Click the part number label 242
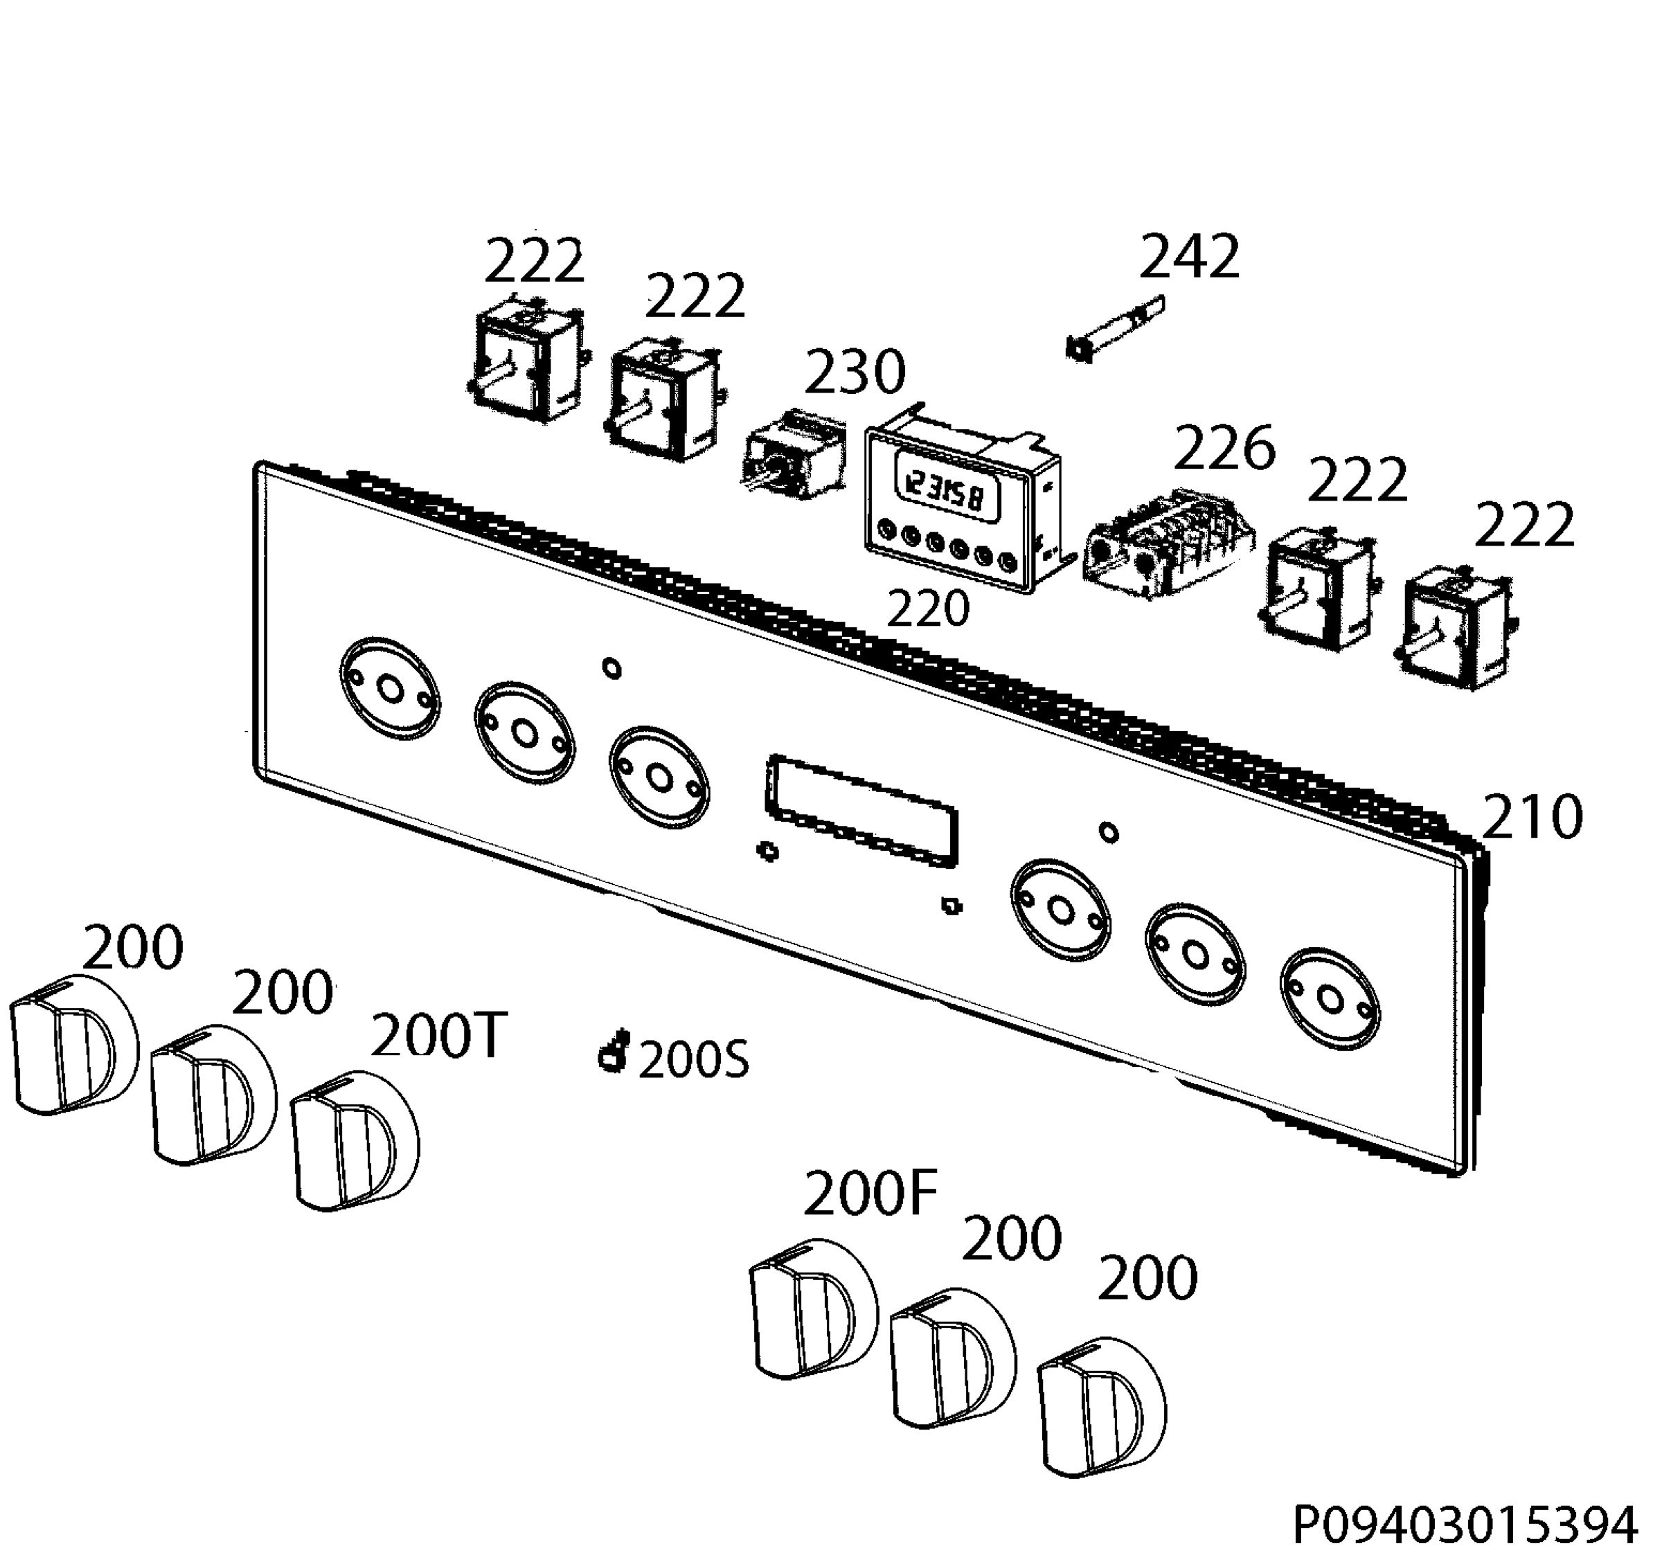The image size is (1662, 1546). pyautogui.click(x=1189, y=257)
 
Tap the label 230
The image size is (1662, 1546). pyautogui.click(x=855, y=372)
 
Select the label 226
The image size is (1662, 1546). pyautogui.click(x=1225, y=449)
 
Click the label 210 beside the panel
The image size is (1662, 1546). pyautogui.click(x=1533, y=816)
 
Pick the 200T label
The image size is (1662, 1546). pyautogui.click(x=439, y=1036)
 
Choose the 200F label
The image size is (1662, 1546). pyautogui.click(x=870, y=1194)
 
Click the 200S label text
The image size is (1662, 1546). pyautogui.click(x=694, y=1061)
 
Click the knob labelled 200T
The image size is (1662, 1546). pyautogui.click(x=355, y=1141)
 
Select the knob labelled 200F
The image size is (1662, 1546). pyautogui.click(x=812, y=1307)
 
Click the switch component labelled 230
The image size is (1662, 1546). pyautogui.click(x=792, y=456)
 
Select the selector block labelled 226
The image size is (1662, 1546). pyautogui.click(x=1170, y=544)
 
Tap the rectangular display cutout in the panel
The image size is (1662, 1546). pyautogui.click(x=862, y=810)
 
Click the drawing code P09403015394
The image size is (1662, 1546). pyautogui.click(x=1464, y=1525)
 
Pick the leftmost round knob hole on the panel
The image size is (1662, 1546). pyautogui.click(x=390, y=687)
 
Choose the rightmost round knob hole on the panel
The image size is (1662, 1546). pyautogui.click(x=1330, y=998)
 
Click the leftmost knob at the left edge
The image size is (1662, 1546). pyautogui.click(x=73, y=1045)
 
